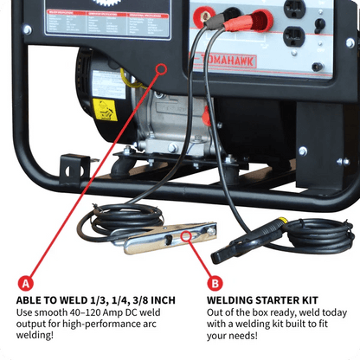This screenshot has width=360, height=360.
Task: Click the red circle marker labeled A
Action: [26, 282]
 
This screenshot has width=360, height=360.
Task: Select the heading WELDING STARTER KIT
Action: [265, 300]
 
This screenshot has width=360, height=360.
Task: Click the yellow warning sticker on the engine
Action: [105, 110]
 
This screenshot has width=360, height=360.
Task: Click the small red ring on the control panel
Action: [159, 68]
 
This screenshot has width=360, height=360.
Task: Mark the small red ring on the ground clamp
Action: [188, 233]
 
